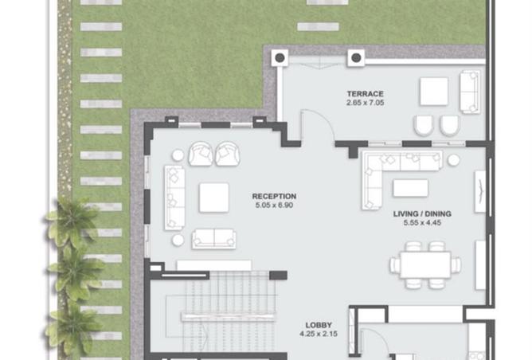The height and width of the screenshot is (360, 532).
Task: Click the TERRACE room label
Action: [x=365, y=94]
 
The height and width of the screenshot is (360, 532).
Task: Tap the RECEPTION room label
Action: [x=274, y=196]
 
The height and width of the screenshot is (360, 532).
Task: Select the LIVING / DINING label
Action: [x=422, y=213]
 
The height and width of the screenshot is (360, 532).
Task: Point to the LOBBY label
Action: [x=319, y=325]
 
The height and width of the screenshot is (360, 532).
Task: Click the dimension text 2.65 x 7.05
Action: [x=365, y=103]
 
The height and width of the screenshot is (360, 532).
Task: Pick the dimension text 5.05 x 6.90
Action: [x=274, y=205]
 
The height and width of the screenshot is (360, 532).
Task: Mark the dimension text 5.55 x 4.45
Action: [x=422, y=222]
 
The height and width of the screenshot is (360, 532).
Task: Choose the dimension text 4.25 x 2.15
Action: [x=319, y=334]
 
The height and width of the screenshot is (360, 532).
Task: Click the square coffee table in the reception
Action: [x=213, y=198]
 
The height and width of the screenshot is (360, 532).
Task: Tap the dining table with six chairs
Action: [x=425, y=265]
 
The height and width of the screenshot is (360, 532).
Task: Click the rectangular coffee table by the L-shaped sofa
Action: [x=410, y=188]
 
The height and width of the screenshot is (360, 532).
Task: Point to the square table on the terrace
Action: [x=434, y=92]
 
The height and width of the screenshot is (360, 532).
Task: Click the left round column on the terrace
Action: [x=280, y=58]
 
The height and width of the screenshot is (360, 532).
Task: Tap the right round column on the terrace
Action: [x=356, y=58]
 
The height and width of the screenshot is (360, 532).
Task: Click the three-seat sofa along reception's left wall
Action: [x=174, y=198]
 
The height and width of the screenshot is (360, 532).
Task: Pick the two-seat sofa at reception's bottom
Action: [x=213, y=239]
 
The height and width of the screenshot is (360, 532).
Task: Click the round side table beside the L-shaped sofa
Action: [x=453, y=160]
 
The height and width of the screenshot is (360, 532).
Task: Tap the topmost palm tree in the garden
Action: [x=72, y=222]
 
